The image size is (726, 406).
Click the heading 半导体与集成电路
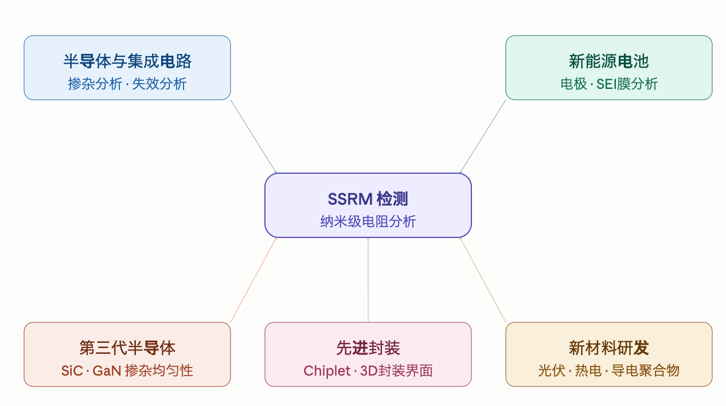click(127, 61)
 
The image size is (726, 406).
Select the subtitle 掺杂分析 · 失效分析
click(127, 84)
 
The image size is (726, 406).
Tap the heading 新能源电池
click(608, 61)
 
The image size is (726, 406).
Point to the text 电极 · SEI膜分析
click(609, 84)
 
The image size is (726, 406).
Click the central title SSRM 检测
click(368, 199)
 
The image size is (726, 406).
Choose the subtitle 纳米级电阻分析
click(368, 221)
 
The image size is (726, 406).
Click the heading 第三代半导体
click(127, 348)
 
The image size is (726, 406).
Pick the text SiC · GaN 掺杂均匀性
click(127, 370)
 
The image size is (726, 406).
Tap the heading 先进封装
click(368, 348)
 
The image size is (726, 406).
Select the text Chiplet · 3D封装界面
click(368, 370)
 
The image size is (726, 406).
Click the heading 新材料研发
click(608, 348)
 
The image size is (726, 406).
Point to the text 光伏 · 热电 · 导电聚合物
click(608, 370)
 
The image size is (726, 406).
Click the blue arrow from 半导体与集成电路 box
click(254, 136)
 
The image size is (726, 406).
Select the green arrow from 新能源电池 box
click(482, 136)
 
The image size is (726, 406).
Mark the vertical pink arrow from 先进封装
click(368, 280)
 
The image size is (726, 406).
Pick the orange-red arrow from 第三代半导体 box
click(254, 280)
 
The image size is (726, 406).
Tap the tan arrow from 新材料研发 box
click(482, 280)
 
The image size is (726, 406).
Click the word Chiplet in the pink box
click(327, 371)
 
